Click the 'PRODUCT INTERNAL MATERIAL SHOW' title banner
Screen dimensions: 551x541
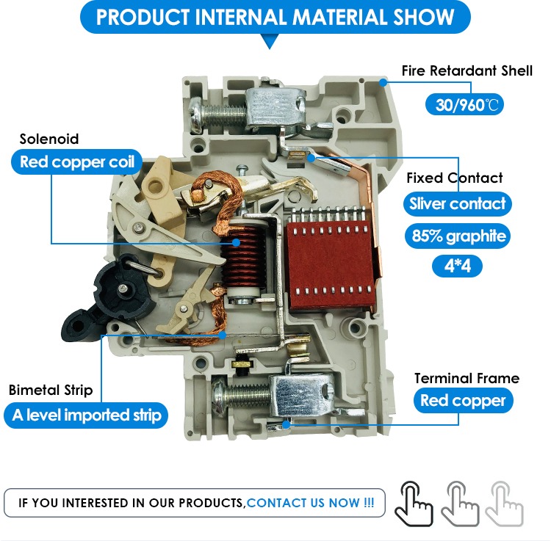(275, 17)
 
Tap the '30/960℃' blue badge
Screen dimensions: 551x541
(464, 105)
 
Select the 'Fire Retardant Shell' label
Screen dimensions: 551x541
(467, 70)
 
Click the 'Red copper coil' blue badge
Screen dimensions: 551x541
(76, 161)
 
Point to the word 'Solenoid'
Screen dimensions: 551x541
(48, 139)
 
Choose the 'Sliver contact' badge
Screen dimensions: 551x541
(457, 203)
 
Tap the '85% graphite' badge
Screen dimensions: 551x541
(458, 236)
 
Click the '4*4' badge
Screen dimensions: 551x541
(457, 266)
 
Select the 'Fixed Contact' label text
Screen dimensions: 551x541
(454, 178)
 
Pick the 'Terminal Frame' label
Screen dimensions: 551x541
(467, 379)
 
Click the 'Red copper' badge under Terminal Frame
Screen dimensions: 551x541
(463, 400)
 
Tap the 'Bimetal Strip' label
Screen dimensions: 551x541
(51, 390)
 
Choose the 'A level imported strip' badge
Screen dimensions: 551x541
(86, 415)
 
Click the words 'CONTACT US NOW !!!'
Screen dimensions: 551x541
(310, 503)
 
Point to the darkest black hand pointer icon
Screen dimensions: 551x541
(413, 504)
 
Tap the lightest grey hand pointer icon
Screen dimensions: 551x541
(504, 504)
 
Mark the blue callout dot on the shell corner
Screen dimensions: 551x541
(383, 83)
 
